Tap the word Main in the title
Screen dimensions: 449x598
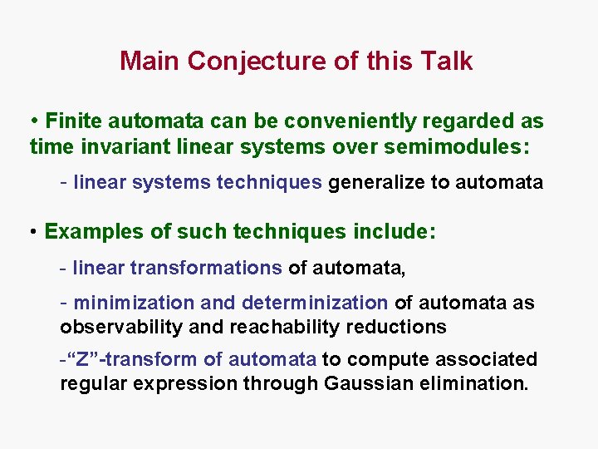click(x=150, y=62)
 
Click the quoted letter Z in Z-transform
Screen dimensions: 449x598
click(x=83, y=359)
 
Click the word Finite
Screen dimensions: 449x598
click(x=72, y=121)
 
